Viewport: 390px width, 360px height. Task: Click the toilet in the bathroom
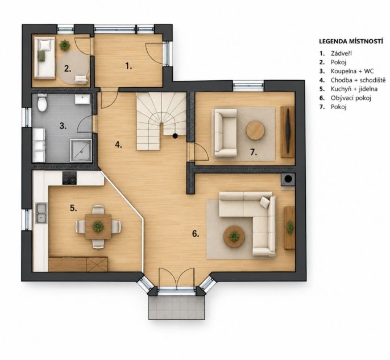point(42,102)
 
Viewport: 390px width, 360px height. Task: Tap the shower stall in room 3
point(81,151)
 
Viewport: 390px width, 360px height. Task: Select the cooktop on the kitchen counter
point(69,178)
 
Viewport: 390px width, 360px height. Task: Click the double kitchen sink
point(41,213)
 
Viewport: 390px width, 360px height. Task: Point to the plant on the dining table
point(98,226)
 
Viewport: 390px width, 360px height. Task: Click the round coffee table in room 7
point(255,131)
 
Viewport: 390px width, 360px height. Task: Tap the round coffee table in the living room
point(234,237)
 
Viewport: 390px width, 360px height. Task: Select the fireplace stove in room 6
point(288,179)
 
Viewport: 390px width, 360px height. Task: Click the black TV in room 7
point(288,131)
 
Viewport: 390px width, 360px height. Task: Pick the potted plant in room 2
point(65,45)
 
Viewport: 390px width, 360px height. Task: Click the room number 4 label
point(118,145)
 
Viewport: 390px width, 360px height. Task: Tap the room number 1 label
point(128,66)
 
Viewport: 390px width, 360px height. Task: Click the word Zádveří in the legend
point(341,53)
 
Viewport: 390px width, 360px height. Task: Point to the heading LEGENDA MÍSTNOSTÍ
point(351,42)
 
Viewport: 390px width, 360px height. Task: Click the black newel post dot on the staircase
point(175,135)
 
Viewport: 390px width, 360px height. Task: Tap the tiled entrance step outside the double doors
point(177,308)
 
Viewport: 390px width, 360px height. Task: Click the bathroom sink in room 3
point(82,99)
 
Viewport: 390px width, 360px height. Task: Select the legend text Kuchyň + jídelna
point(354,89)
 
